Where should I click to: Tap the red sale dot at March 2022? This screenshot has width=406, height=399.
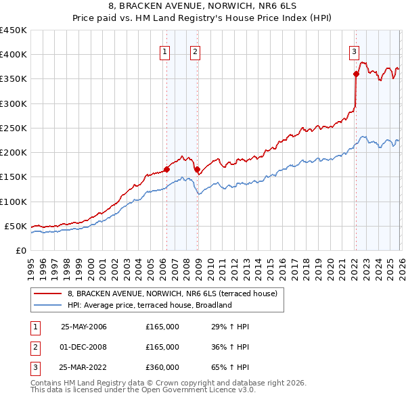coord(355,74)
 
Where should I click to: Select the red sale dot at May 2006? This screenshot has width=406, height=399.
coord(166,170)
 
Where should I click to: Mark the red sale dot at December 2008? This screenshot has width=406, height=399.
coord(197,170)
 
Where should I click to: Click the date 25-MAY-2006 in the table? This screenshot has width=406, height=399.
coord(84,327)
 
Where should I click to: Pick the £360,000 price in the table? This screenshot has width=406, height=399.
coord(162,367)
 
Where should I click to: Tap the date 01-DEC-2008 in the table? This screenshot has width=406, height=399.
coord(84,347)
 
